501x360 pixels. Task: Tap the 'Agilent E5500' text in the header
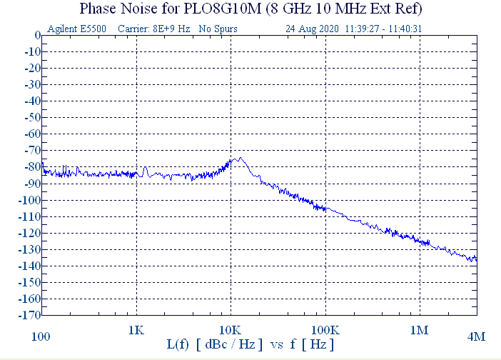coord(74,29)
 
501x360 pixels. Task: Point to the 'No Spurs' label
coord(218,29)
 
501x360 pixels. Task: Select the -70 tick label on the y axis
coord(31,151)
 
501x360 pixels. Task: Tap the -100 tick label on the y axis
coord(29,200)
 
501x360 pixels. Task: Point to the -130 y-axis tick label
coord(29,249)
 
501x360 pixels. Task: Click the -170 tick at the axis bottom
coord(29,315)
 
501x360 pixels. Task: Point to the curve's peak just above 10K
coord(239,158)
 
